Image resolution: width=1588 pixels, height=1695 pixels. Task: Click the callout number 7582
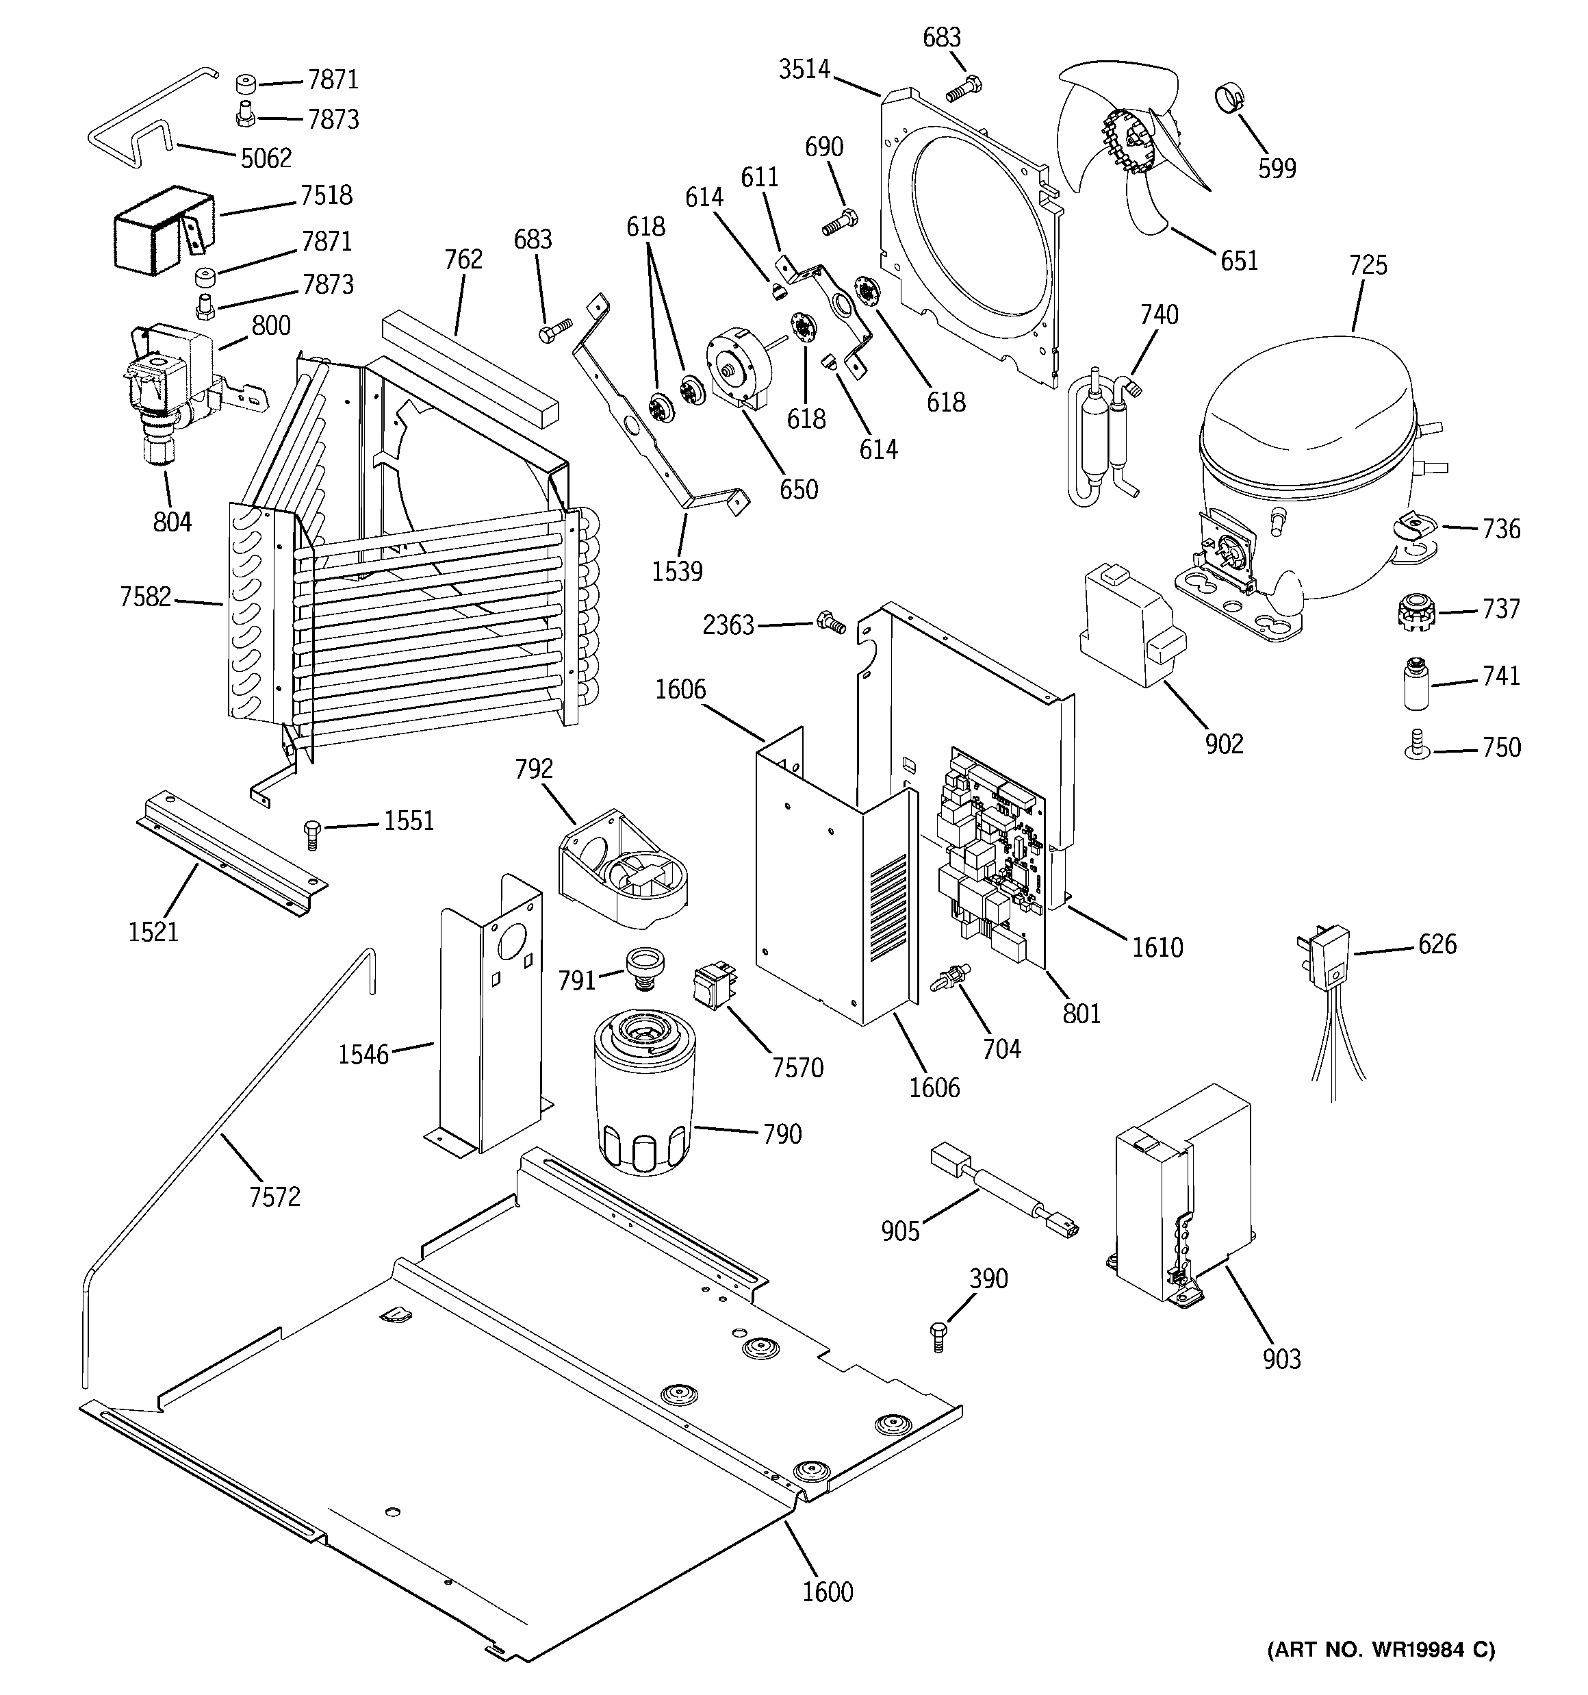[146, 597]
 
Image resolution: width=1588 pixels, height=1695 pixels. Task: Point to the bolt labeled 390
[938, 1337]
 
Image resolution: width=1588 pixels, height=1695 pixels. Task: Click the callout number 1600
[827, 1592]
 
